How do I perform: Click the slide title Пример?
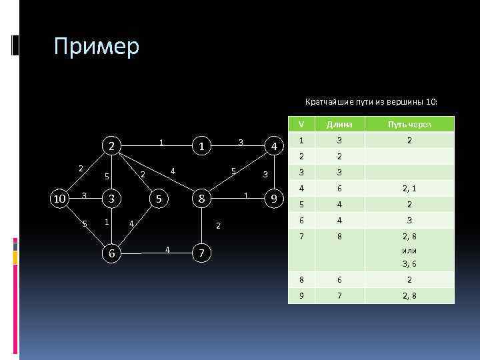coord(97,47)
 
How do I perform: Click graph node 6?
coord(114,253)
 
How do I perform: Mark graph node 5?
coord(158,199)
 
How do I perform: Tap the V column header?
coord(301,124)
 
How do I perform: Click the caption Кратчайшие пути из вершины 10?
coord(371,102)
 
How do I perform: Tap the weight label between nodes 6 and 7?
coord(167,250)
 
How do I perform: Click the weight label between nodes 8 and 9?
coord(246,195)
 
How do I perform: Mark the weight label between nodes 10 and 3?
coord(84,195)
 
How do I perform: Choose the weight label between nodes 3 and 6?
coord(106,221)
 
